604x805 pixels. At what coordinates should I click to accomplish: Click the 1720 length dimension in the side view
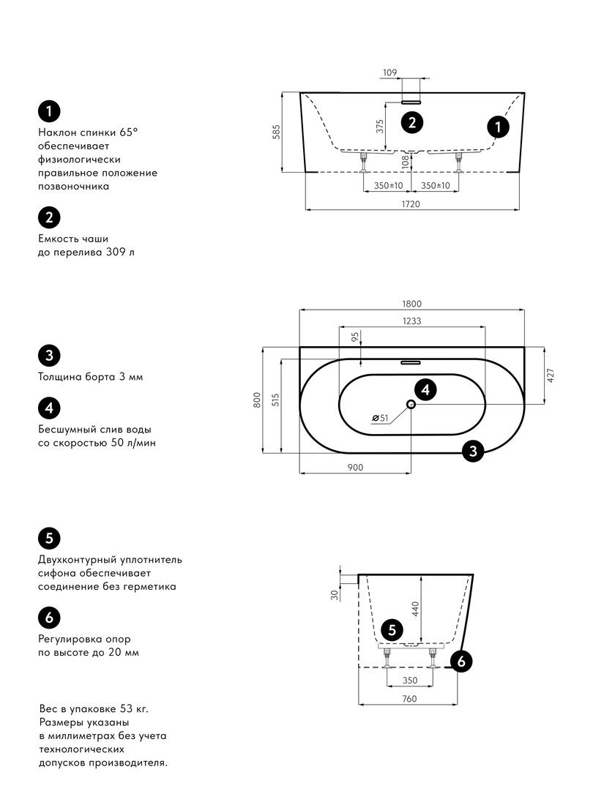(411, 204)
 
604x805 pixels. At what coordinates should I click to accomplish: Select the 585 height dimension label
(276, 132)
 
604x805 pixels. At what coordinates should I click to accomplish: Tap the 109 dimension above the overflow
(389, 72)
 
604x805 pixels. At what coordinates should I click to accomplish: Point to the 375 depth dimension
(379, 127)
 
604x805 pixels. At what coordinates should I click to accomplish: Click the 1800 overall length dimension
(411, 304)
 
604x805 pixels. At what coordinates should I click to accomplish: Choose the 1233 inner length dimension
(411, 321)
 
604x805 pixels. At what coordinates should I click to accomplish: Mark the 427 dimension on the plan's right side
(551, 376)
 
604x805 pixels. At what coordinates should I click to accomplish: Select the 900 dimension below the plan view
(355, 467)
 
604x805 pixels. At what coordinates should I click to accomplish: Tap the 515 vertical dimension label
(276, 400)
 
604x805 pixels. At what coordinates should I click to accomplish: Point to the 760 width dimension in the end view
(409, 699)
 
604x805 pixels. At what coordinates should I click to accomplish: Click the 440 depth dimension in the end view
(416, 609)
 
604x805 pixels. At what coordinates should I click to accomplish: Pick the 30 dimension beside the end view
(335, 594)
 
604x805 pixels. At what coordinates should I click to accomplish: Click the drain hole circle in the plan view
(411, 405)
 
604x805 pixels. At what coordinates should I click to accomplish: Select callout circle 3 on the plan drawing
(473, 451)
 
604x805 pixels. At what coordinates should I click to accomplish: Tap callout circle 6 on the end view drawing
(461, 662)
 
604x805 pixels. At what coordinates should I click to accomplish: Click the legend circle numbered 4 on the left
(49, 408)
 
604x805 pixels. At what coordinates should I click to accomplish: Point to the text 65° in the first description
(129, 132)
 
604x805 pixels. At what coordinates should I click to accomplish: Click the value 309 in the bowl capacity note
(116, 252)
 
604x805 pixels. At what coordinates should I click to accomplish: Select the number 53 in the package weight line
(127, 709)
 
